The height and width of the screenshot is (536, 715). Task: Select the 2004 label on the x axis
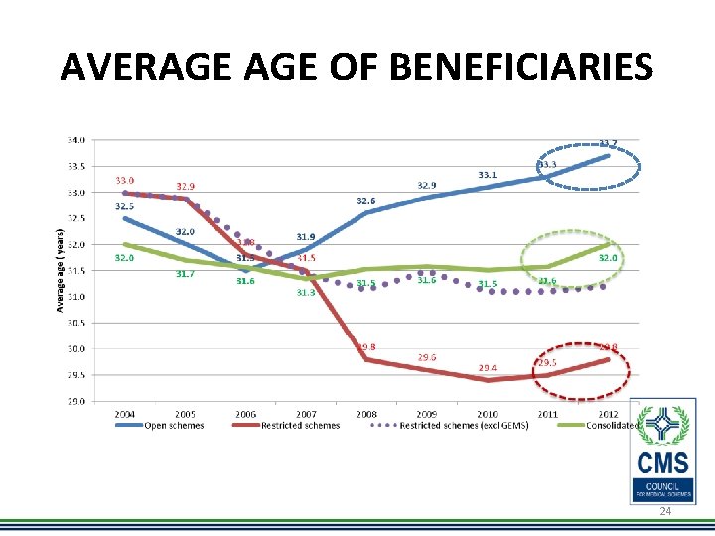[x=124, y=414]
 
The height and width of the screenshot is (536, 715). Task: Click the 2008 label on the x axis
[x=365, y=414]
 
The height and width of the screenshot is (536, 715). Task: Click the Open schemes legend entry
[x=174, y=426]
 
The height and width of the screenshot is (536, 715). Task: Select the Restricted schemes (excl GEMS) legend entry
[x=464, y=426]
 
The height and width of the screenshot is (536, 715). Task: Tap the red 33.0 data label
[x=124, y=180]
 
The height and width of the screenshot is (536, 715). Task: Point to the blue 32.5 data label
[x=124, y=206]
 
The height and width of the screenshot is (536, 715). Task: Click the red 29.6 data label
[x=427, y=357]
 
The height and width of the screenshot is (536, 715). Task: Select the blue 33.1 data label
[x=488, y=175]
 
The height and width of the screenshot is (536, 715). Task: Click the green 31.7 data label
[x=185, y=274]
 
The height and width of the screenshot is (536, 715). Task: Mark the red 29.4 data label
[x=488, y=367]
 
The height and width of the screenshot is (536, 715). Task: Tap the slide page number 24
[x=665, y=509]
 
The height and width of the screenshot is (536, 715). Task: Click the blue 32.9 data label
[x=426, y=185]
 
